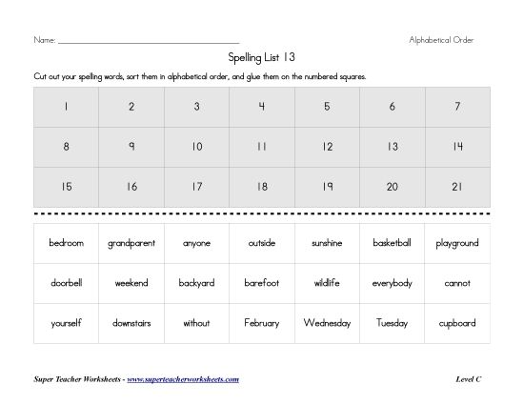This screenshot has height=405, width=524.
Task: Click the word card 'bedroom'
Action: pos(66,243)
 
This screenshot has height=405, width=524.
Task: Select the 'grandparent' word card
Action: pos(131,243)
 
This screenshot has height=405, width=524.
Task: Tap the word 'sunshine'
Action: pos(327,243)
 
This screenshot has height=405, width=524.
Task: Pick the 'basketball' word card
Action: pos(393,243)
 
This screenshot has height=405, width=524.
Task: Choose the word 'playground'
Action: pos(457,243)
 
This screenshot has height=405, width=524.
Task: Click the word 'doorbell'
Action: pos(66,283)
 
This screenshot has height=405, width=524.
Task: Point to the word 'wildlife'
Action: pos(327,283)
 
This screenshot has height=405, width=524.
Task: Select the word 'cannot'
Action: pos(457,283)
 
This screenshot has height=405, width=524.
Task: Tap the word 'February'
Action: pos(261,323)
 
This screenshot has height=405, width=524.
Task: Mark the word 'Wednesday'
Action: pos(327,323)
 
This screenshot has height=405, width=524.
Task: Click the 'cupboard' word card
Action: pos(457,323)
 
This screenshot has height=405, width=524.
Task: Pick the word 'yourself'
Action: pos(66,323)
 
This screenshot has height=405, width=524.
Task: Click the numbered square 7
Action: pos(457,107)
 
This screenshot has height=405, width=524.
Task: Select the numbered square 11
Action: pos(261,147)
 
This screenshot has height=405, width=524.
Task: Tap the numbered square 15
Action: pos(66,187)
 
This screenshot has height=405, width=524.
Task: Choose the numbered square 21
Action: pos(457,187)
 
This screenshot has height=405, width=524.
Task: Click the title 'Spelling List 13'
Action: pos(261,57)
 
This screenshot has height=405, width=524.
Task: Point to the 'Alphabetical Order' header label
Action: pos(441,39)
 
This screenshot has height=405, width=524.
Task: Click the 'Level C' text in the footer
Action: pos(470,379)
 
